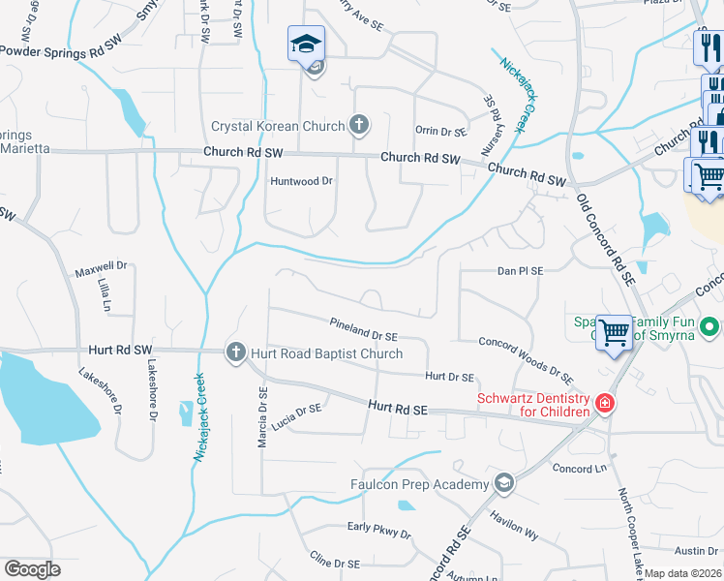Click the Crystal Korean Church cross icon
click(359, 124)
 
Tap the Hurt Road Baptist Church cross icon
click(235, 352)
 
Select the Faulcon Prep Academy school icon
click(503, 482)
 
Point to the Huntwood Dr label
click(301, 181)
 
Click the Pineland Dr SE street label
click(363, 329)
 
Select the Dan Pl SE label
click(520, 272)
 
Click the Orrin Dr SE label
click(440, 131)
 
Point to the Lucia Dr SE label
click(296, 411)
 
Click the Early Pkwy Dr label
click(379, 530)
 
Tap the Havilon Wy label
click(514, 524)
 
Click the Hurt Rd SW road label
click(120, 349)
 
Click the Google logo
click(32, 569)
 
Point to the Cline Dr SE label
click(334, 562)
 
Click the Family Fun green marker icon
click(709, 327)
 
